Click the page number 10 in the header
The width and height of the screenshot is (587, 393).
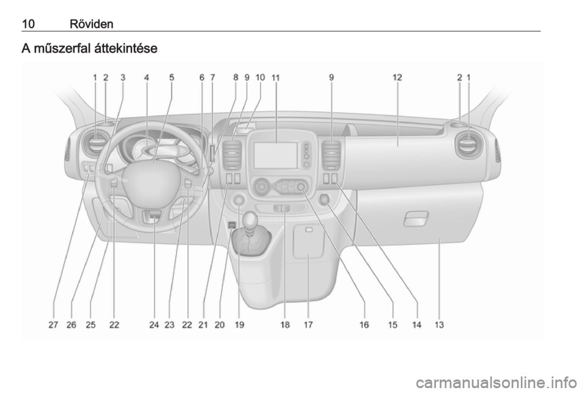(28, 24)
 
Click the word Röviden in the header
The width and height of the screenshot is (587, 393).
(91, 24)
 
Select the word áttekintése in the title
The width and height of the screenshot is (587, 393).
(126, 48)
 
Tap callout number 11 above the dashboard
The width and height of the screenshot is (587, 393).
(276, 78)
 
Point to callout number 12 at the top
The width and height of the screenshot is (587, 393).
(397, 78)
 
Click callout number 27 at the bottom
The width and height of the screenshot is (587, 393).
(53, 325)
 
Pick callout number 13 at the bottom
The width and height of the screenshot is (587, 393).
(439, 325)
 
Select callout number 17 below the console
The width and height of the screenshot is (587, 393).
(308, 325)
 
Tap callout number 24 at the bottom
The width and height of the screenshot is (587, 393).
(154, 325)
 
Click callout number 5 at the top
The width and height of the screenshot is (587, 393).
(171, 78)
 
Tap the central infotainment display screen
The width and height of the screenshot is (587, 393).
(276, 155)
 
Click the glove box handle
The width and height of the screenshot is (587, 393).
(416, 219)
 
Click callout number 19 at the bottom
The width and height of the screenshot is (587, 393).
(239, 325)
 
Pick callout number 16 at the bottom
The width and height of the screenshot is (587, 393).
(364, 325)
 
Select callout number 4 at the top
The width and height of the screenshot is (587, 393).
(146, 78)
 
